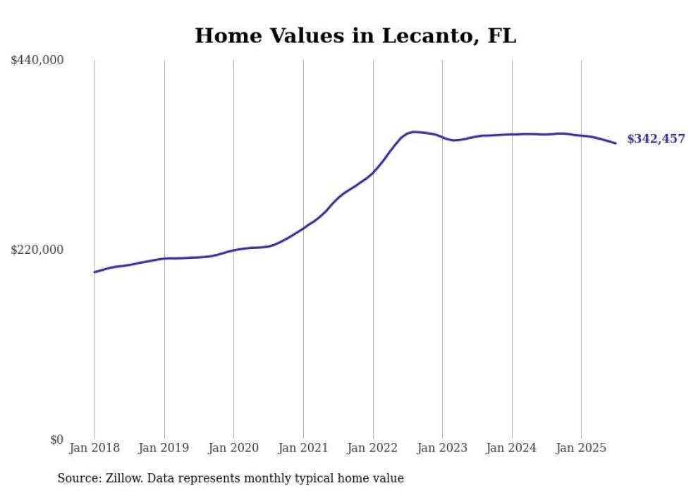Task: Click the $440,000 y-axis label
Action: (37, 61)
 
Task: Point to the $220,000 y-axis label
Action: (37, 250)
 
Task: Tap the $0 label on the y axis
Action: (57, 439)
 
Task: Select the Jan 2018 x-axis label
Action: (94, 448)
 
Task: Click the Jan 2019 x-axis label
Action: (164, 448)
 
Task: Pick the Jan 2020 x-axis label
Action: (233, 448)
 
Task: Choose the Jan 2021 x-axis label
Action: (303, 448)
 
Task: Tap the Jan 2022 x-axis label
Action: (373, 448)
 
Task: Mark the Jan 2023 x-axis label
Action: (442, 448)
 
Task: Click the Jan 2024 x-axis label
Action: (512, 448)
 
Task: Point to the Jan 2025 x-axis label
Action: (581, 448)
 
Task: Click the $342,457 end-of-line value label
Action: (656, 139)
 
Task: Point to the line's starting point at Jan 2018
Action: (94, 272)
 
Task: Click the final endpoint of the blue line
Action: (616, 143)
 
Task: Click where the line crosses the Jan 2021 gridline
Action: (303, 228)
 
